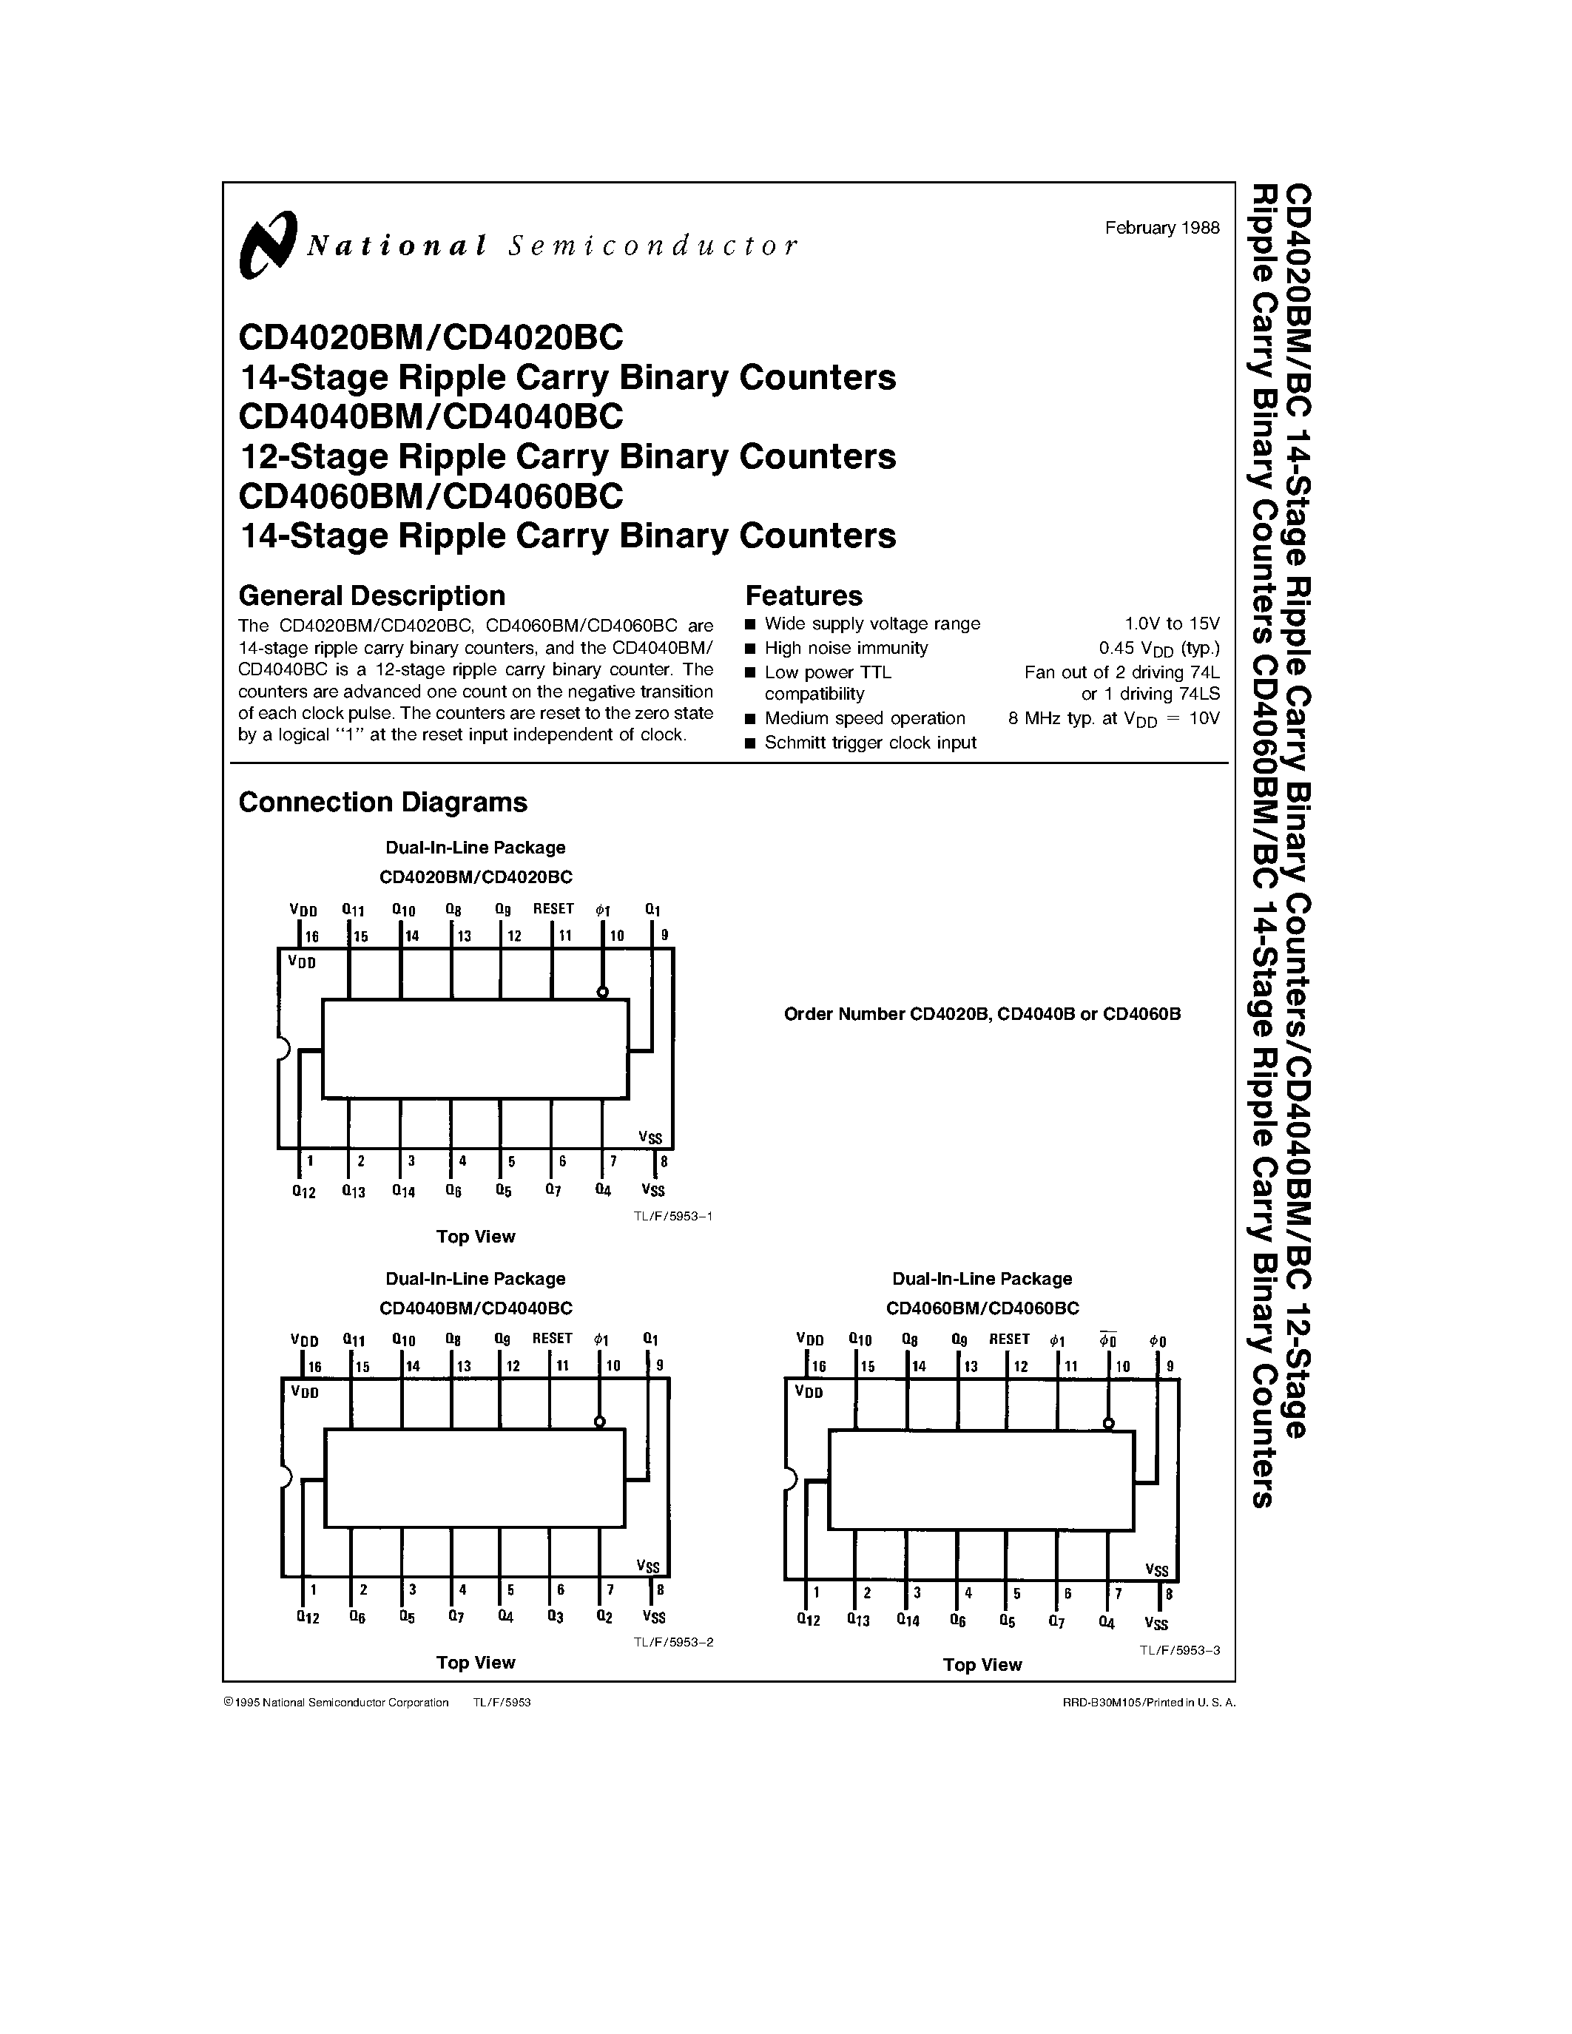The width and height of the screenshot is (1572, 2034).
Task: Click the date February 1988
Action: [x=1161, y=228]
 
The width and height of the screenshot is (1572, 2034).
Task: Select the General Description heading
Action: [x=371, y=595]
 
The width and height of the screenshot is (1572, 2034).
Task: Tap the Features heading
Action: [x=803, y=595]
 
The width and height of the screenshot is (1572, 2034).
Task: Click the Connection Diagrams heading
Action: [x=382, y=802]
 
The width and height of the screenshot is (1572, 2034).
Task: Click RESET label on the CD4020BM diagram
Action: [x=553, y=908]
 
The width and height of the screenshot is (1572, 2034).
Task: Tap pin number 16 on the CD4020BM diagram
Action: [x=312, y=936]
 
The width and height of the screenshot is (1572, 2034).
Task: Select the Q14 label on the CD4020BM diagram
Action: [x=403, y=1190]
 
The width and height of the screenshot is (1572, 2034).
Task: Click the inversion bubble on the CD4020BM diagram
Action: [x=602, y=993]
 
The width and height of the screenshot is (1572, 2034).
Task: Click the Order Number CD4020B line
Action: [x=982, y=1013]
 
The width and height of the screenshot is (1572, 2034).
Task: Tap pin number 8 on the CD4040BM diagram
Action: [x=661, y=1591]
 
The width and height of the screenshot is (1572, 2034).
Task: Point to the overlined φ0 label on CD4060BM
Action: [x=1107, y=1340]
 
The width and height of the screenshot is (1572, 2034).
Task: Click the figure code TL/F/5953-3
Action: [x=1180, y=1649]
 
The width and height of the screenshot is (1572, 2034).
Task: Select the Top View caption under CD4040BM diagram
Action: [x=475, y=1663]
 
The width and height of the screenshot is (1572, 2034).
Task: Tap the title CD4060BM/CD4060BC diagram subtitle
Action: [x=982, y=1308]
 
